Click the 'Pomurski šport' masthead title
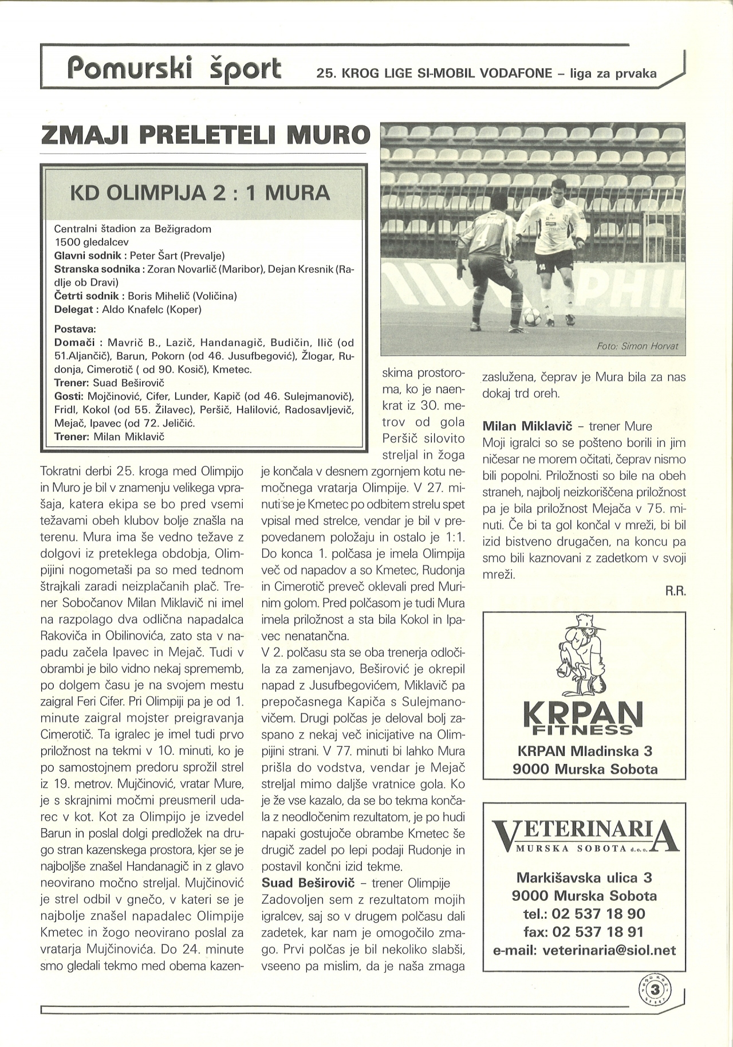(174, 67)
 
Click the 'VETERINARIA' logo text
(585, 833)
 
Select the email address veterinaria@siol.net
(585, 950)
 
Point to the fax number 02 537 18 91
(585, 932)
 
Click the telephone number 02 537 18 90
(585, 913)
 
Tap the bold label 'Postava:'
(75, 330)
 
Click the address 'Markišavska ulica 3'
(585, 877)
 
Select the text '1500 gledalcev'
(91, 242)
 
